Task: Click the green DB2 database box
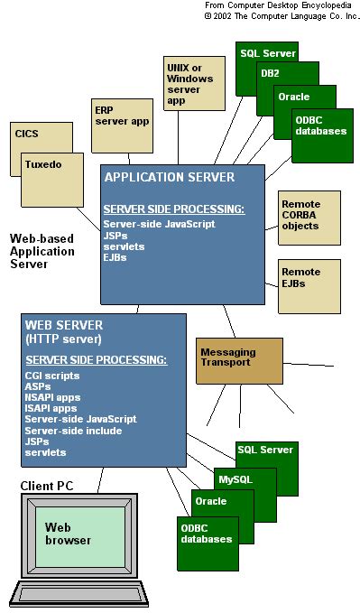(271, 73)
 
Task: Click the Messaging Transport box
(227, 358)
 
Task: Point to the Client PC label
(47, 487)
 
